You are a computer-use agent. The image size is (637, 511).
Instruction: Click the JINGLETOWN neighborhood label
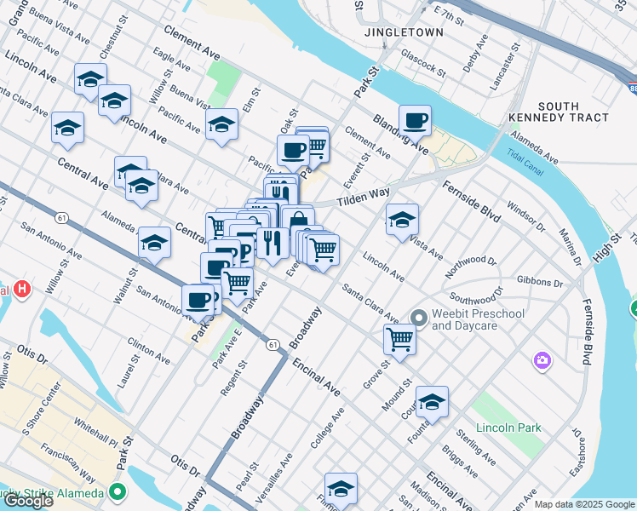[404, 32]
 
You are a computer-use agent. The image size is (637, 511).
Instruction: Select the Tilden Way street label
[363, 198]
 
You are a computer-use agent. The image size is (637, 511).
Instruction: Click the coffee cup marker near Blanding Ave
[415, 120]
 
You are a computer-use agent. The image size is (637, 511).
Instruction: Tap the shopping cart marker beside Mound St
[399, 338]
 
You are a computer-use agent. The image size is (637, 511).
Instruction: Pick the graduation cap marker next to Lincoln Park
[432, 401]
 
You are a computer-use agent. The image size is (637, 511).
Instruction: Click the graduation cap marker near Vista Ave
[402, 220]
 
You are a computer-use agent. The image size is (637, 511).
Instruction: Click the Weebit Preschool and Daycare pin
[418, 319]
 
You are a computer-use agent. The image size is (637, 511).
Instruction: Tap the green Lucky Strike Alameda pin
[118, 492]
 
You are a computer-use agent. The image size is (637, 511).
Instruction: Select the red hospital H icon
[22, 289]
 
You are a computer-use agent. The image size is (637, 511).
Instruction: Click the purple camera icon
[542, 362]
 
